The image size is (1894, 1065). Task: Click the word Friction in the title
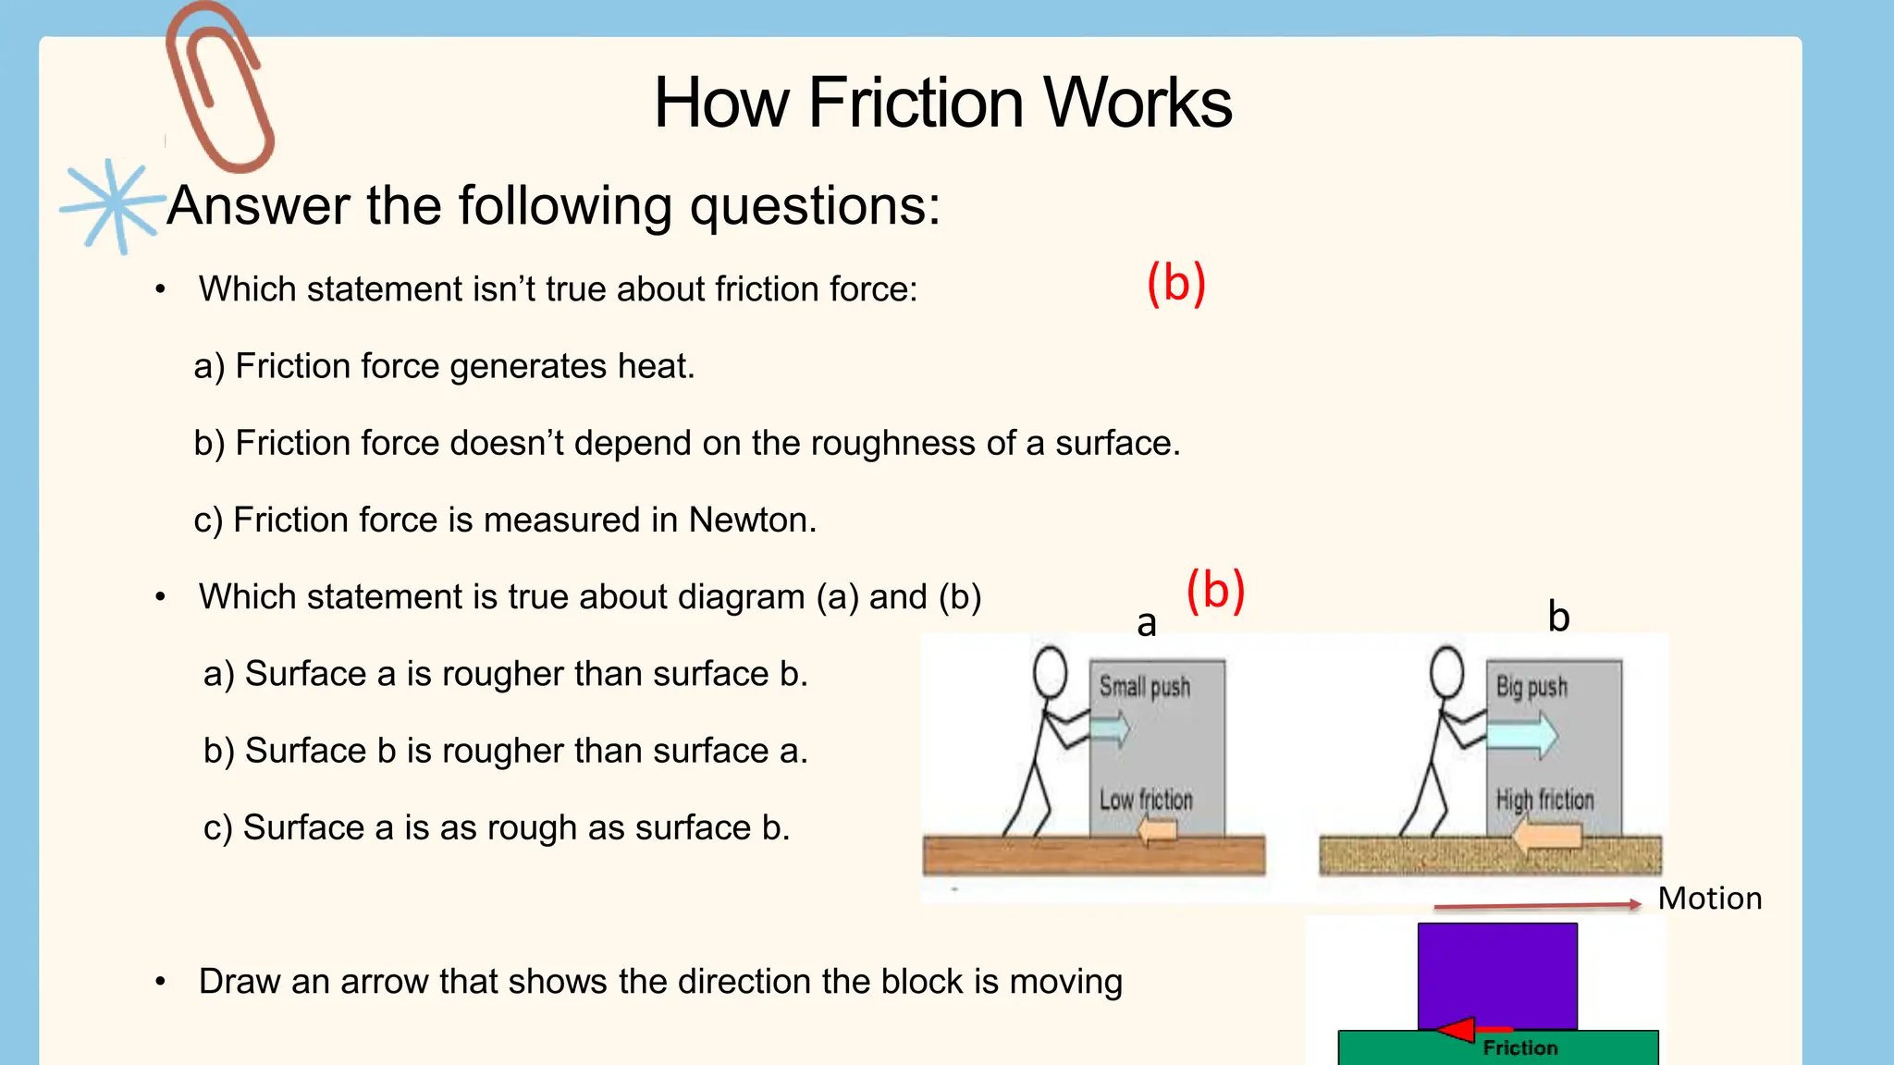pyautogui.click(x=916, y=103)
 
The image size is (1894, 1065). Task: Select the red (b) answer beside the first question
pyautogui.click(x=1175, y=283)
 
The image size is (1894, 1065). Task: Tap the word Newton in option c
pyautogui.click(x=751, y=520)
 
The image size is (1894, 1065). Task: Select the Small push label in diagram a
pyautogui.click(x=1144, y=687)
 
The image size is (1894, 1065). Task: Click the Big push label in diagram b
pyautogui.click(x=1531, y=687)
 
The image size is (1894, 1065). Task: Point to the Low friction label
pyautogui.click(x=1146, y=800)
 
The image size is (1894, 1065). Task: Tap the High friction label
pyautogui.click(x=1544, y=800)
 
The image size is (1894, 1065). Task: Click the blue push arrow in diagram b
pyautogui.click(x=1521, y=736)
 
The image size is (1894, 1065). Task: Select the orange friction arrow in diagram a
pyautogui.click(x=1157, y=832)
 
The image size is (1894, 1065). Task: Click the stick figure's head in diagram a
pyautogui.click(x=1051, y=671)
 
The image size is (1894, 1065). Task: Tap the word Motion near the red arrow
pyautogui.click(x=1709, y=899)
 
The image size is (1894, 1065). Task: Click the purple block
pyautogui.click(x=1497, y=974)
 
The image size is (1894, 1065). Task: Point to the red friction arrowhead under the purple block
pyautogui.click(x=1457, y=1029)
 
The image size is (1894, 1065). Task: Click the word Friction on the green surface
pyautogui.click(x=1520, y=1048)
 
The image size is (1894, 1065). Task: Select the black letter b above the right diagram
pyautogui.click(x=1559, y=617)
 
